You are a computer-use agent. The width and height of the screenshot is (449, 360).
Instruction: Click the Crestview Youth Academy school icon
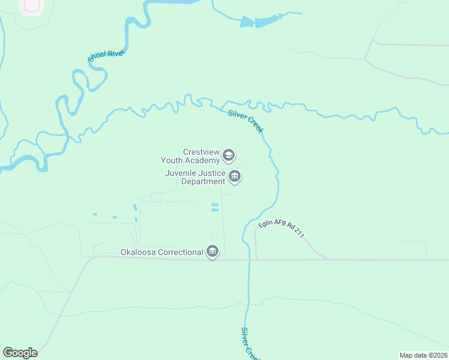pos(228,156)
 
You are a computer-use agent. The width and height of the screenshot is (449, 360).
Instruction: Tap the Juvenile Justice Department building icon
pos(235,177)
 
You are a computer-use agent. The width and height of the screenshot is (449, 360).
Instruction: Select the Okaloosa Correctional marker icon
pos(212,252)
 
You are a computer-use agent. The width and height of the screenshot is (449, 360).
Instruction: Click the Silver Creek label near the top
pos(246,121)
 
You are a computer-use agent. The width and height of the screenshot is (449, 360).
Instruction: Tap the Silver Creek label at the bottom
pos(250,343)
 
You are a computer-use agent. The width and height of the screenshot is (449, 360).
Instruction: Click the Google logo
pos(20,353)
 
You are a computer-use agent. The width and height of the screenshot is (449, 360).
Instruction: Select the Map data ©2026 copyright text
pos(423,355)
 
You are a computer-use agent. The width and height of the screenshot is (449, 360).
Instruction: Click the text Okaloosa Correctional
pos(161,253)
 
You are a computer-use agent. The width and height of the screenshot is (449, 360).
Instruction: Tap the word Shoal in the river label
pos(97,58)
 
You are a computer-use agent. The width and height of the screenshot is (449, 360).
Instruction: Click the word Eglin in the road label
pos(265,224)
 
